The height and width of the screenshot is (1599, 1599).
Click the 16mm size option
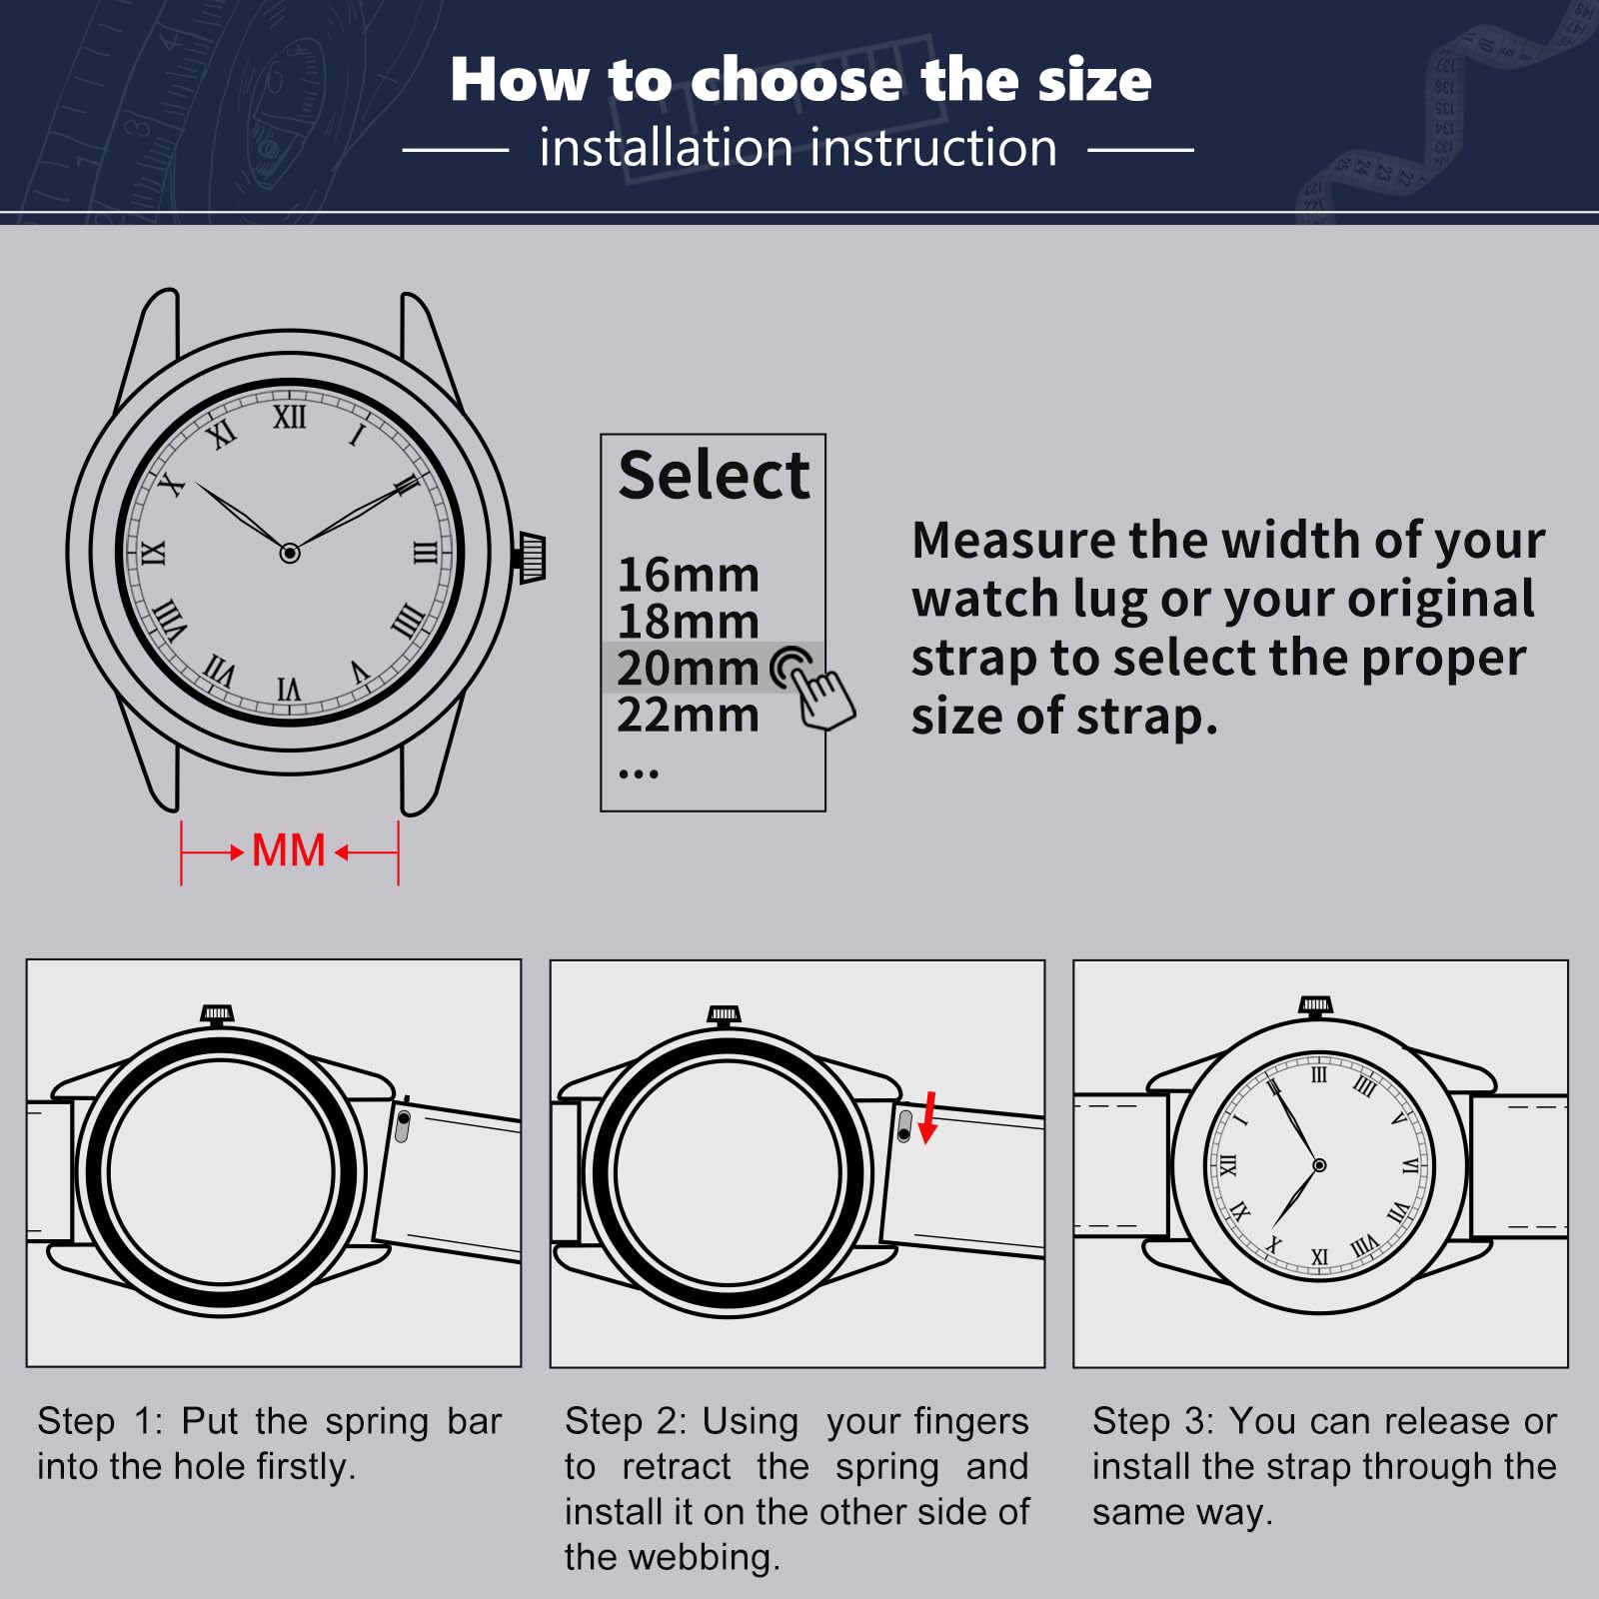point(688,576)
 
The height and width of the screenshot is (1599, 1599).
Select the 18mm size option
point(688,622)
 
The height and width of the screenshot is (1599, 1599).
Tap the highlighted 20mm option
point(688,668)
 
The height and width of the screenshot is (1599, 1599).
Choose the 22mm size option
point(688,715)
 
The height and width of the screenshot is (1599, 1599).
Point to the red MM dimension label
point(288,850)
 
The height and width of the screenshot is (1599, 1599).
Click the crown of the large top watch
point(531,558)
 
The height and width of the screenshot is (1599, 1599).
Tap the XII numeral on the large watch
point(290,416)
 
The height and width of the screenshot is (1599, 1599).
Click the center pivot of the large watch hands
point(290,553)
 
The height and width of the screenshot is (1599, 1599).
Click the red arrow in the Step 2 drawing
point(928,1117)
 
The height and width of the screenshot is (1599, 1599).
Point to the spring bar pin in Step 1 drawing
point(403,1124)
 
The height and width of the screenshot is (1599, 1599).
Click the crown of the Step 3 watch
point(1315,1006)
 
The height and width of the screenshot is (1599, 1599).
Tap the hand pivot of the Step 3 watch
point(1319,1165)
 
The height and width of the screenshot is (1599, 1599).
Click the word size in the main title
point(1094,79)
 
